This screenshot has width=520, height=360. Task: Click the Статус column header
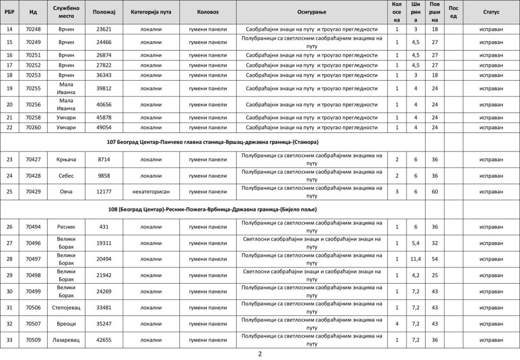point(491,11)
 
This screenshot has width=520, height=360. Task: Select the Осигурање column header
point(312,11)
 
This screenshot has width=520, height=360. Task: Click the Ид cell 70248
point(33,29)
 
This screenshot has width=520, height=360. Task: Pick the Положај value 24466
point(104,42)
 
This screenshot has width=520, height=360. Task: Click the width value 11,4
point(416,259)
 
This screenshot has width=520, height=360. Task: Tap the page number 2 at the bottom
point(259,354)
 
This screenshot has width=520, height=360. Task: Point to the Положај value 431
point(104,226)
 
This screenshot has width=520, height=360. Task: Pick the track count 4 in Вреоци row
point(397,323)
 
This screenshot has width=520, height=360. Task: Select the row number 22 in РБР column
point(10,127)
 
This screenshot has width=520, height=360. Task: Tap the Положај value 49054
point(104,127)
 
